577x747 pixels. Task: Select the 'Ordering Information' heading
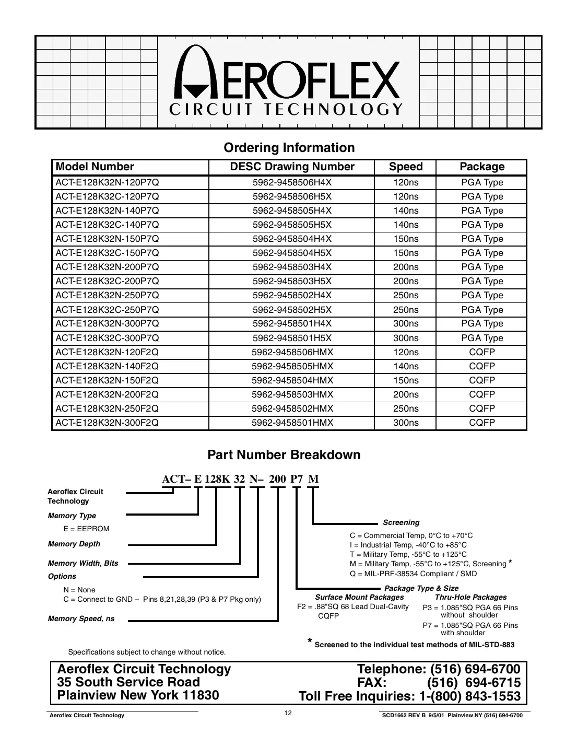289,148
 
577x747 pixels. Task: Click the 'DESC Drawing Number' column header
292,167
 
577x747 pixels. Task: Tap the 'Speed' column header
405,167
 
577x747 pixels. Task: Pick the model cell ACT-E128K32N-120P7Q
107,183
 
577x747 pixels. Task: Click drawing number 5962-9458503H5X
292,281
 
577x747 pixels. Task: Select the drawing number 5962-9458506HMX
292,352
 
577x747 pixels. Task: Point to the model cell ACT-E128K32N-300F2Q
107,423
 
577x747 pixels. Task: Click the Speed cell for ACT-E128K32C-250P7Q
405,310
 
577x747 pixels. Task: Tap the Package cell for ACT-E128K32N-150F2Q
481,380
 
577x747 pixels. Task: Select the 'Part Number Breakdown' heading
284,455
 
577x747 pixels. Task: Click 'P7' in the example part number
296,479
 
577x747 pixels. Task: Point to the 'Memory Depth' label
74,544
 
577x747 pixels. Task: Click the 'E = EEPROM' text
86,529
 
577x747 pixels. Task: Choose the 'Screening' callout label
401,522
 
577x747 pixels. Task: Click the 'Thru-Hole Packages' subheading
470,597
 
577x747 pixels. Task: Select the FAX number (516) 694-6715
473,683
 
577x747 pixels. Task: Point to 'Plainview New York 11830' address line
138,695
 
